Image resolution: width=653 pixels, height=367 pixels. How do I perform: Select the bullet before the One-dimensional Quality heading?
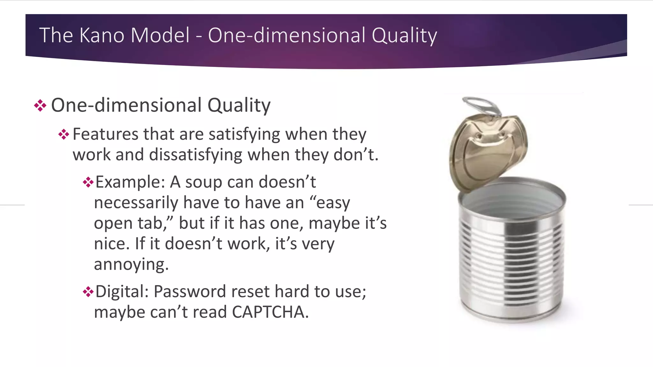coord(40,105)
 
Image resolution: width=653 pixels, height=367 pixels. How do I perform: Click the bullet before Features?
coord(64,134)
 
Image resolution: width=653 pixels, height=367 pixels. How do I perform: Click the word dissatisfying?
coord(196,155)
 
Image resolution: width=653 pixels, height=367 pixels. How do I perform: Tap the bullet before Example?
coord(88,182)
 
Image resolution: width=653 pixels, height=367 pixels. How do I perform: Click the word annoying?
coord(131,264)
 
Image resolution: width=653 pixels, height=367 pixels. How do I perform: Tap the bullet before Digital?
coord(88,291)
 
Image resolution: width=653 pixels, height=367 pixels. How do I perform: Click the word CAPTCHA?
coord(270,312)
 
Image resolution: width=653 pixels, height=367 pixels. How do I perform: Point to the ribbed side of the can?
coord(512,264)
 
